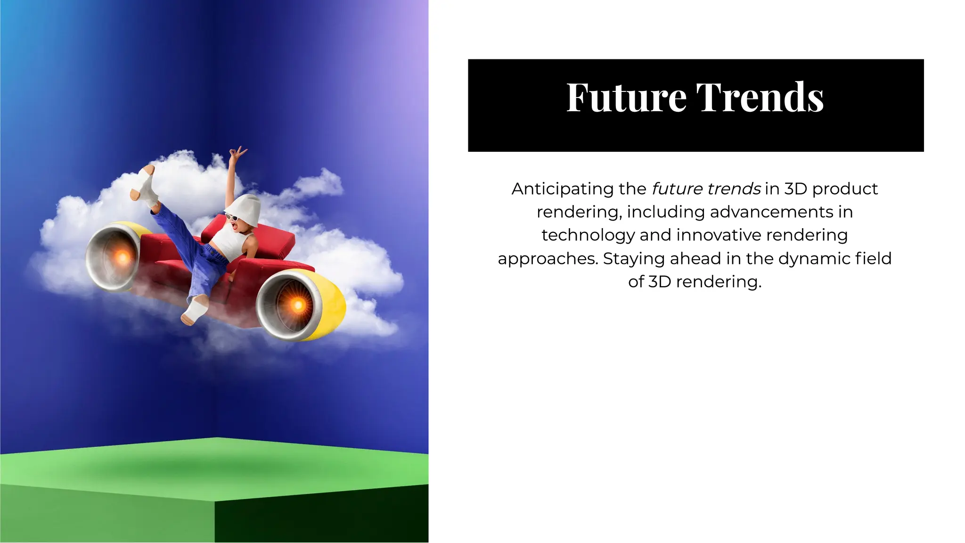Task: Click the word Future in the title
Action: click(x=626, y=98)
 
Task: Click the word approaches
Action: click(x=548, y=259)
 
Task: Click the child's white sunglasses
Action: click(x=232, y=217)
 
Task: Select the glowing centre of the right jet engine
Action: click(x=297, y=305)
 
